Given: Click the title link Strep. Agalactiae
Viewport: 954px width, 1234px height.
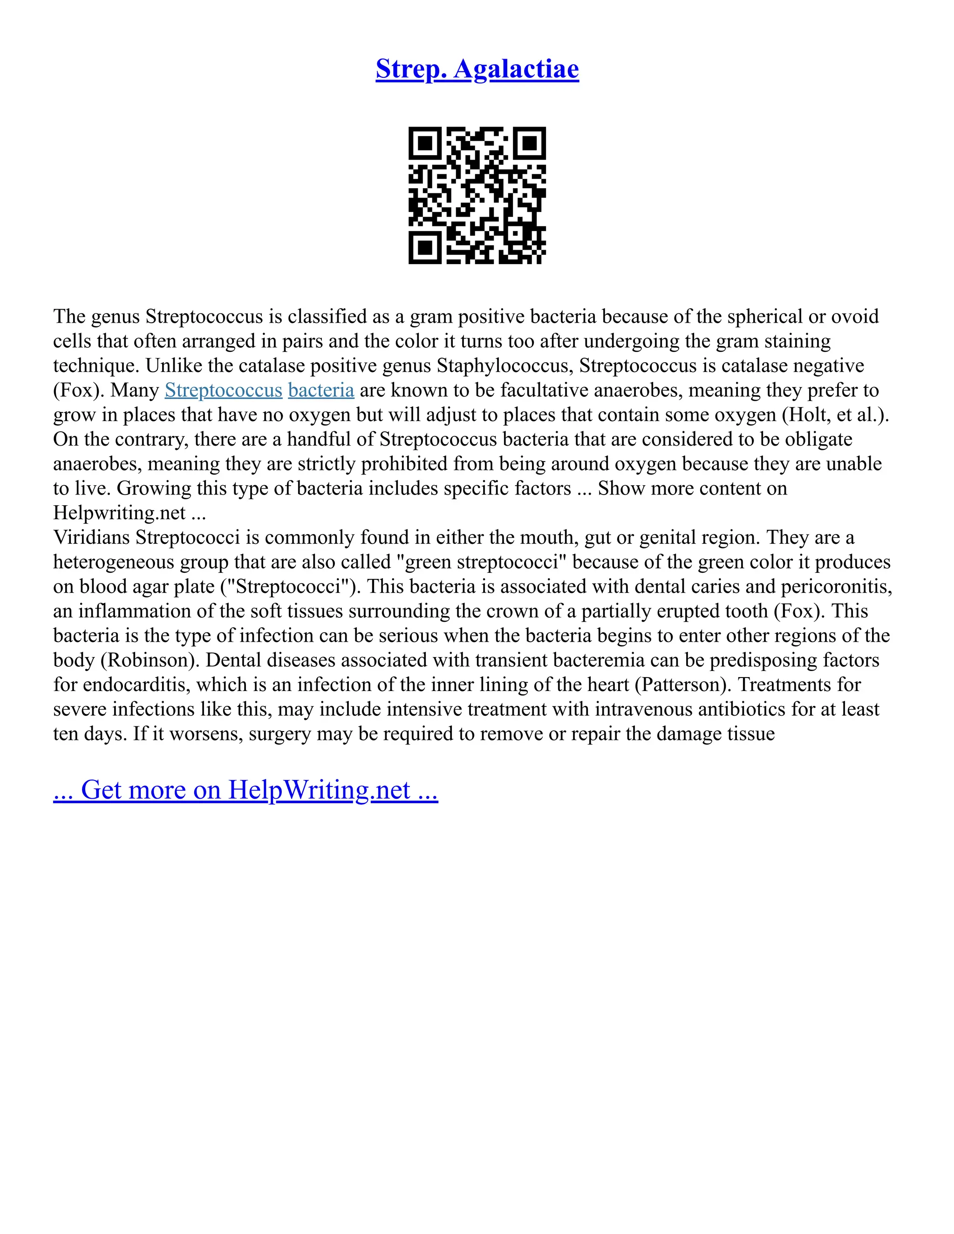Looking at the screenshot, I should tap(477, 69).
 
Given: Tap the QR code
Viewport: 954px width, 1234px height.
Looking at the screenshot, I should tap(477, 195).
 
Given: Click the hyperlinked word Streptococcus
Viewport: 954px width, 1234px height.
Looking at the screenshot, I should tap(223, 390).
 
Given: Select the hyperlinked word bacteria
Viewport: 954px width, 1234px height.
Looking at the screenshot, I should tap(321, 390).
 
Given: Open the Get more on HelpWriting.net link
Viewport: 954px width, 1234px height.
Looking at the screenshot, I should tap(245, 790).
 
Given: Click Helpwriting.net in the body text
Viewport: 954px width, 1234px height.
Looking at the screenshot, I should tap(119, 513).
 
